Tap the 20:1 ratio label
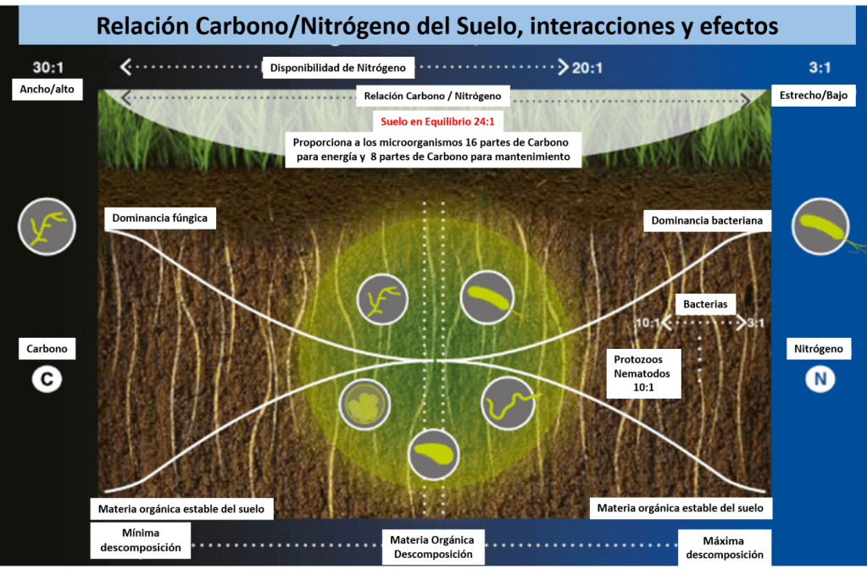click(587, 68)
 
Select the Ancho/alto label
click(47, 90)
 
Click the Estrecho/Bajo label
click(813, 96)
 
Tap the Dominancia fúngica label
click(160, 219)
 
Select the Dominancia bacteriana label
click(707, 221)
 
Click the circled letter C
click(47, 379)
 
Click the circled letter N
click(819, 379)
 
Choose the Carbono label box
click(47, 348)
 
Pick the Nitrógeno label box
click(818, 348)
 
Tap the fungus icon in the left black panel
click(47, 227)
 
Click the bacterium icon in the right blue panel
click(820, 227)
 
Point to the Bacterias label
click(705, 303)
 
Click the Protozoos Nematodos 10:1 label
click(642, 373)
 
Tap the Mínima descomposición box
click(141, 539)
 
